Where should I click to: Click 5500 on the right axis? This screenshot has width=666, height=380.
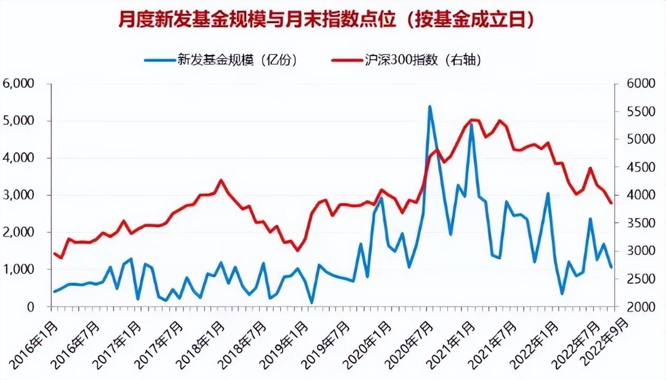pos(636,112)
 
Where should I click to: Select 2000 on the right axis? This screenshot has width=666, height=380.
pos(636,307)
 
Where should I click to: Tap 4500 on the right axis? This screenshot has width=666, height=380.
pos(636,167)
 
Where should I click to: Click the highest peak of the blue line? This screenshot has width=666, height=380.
pos(430,107)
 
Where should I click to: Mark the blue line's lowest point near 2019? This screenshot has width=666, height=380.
pos(312,303)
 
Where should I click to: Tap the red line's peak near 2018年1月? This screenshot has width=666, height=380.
pos(221,180)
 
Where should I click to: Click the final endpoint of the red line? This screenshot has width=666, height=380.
pos(612,203)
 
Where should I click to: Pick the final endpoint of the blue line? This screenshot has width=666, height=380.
pos(612,267)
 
